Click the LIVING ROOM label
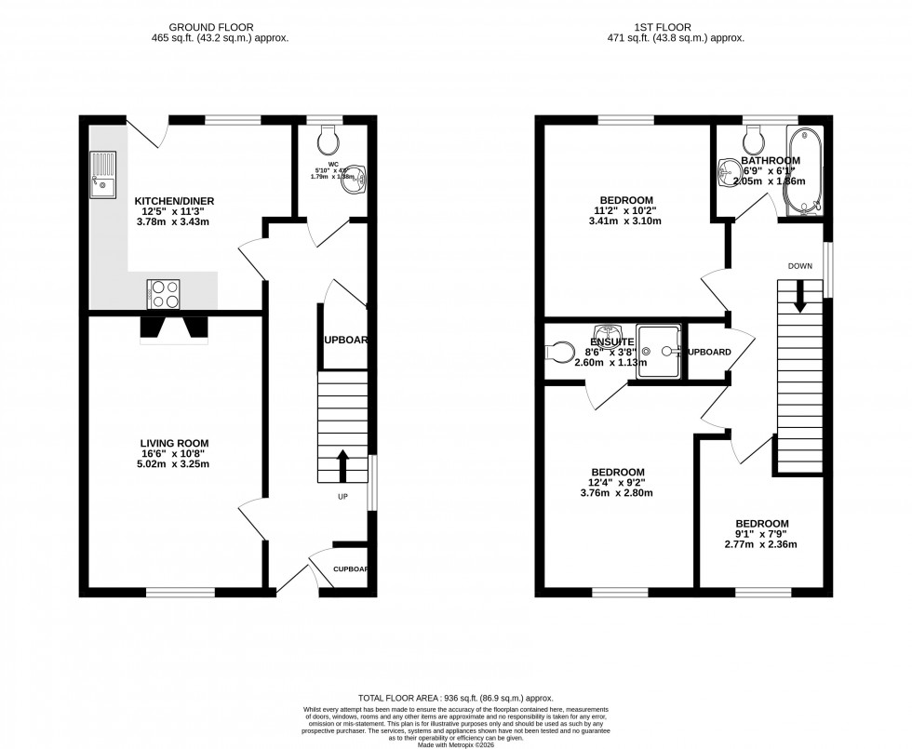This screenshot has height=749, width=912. pos(174,443)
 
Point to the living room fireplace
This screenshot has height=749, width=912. pos(173,328)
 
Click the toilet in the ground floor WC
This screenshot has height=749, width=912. pos(327,140)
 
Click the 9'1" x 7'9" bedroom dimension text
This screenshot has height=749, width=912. pos(761,535)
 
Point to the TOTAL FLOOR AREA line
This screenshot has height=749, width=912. pos(456,696)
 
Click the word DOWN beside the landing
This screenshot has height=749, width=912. pos(799,266)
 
